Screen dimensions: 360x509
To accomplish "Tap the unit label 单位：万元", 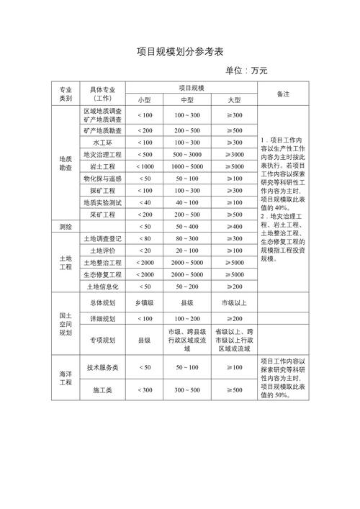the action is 246,71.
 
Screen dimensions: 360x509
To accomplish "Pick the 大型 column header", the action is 234,100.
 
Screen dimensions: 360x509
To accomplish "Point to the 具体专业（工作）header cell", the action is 102,94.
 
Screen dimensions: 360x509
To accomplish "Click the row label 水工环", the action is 102,143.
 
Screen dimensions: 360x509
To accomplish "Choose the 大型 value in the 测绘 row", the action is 234,227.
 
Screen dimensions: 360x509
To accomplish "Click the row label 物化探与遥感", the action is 102,179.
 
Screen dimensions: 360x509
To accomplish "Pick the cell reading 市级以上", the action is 234,303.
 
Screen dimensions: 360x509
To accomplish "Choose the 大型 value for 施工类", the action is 234,389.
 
